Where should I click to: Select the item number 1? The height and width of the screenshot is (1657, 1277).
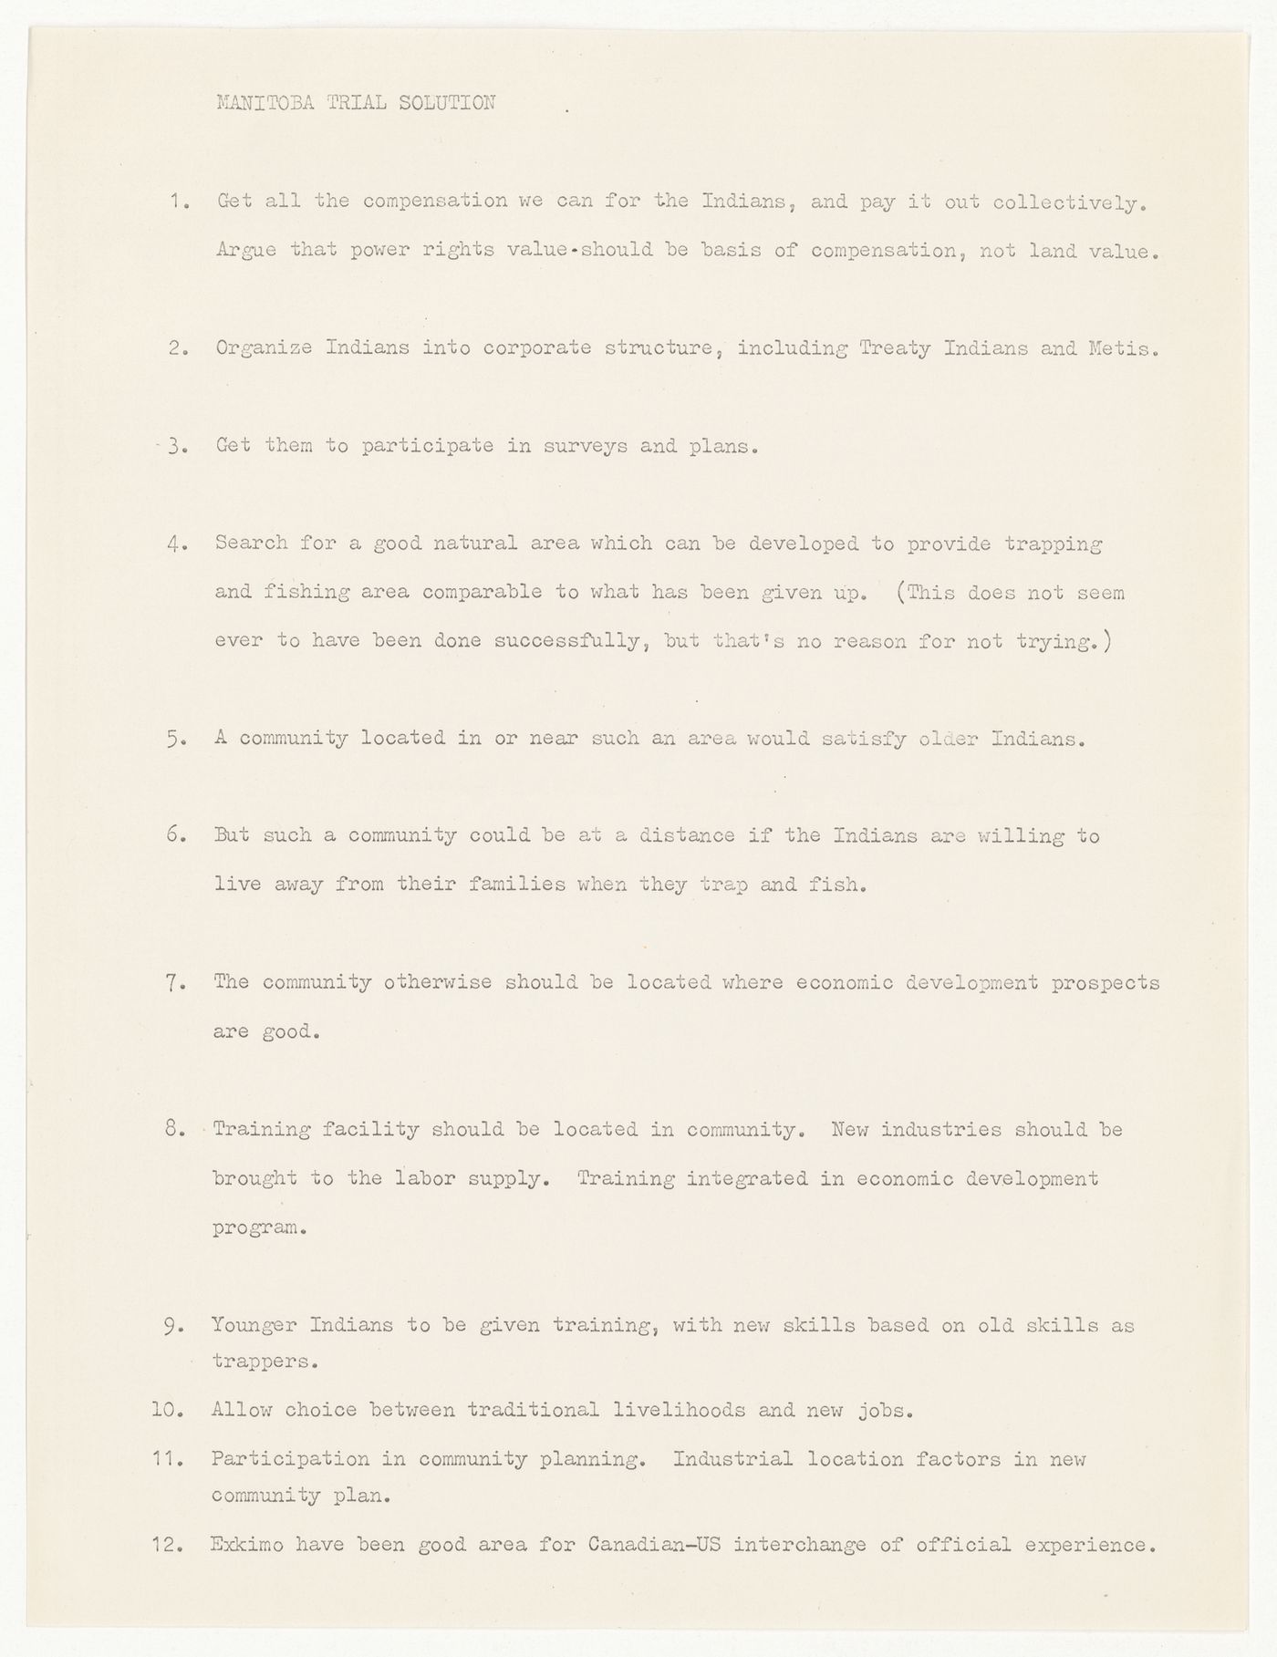pos(179,202)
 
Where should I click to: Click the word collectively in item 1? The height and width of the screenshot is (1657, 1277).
pos(1068,202)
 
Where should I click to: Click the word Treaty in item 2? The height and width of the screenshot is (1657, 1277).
pos(895,348)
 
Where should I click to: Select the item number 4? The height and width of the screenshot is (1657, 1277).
pos(178,544)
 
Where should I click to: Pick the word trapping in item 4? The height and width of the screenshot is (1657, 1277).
pos(1053,544)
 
